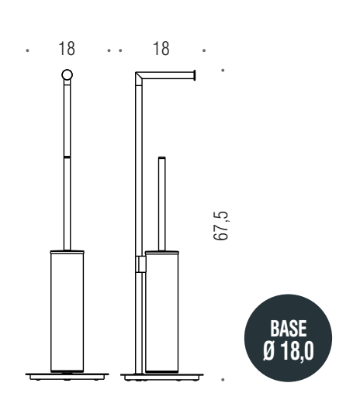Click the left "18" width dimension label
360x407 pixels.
67,50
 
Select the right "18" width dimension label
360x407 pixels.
161,50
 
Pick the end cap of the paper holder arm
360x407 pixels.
195,75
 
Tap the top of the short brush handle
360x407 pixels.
161,160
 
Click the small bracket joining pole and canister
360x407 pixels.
140,264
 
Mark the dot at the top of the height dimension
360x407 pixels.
223,71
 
